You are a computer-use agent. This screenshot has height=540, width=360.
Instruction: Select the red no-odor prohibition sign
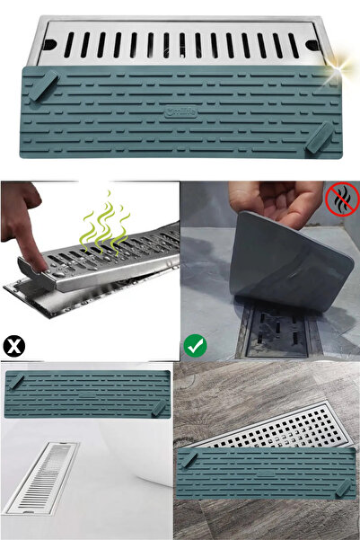coord(343,199)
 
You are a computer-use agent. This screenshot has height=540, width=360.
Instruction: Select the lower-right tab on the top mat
coord(318,137)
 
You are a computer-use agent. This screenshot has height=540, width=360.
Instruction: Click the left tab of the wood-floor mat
coord(190,461)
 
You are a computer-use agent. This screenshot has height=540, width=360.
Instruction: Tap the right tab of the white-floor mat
coord(159,408)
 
